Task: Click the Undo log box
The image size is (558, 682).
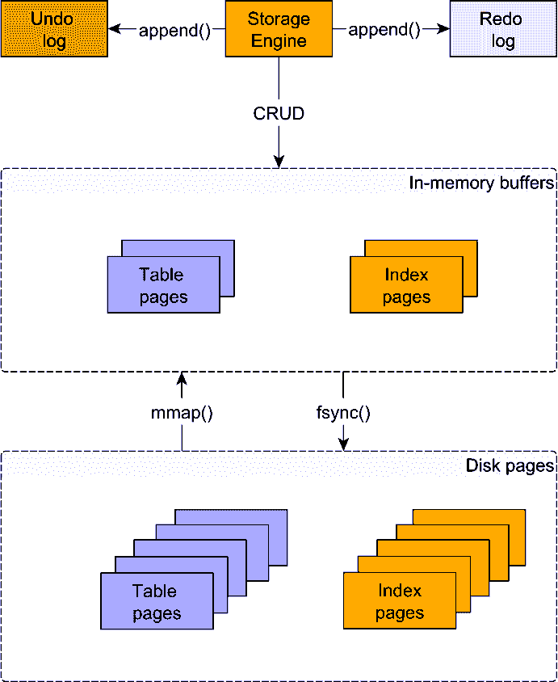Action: point(54,29)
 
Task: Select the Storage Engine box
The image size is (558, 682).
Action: point(279,29)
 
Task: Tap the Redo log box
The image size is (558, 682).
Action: point(503,29)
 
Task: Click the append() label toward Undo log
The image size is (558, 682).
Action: point(174,31)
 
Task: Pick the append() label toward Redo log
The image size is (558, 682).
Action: point(384,31)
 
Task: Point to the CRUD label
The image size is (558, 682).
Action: point(279,113)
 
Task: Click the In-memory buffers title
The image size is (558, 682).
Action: point(481,183)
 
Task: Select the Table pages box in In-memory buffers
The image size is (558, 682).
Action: point(163,285)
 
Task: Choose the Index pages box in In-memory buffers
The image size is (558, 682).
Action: point(406,285)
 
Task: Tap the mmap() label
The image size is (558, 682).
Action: point(182,413)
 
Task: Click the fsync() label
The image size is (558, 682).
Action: point(343,413)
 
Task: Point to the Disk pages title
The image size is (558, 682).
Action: point(510,465)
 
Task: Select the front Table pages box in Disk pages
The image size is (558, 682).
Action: point(157,602)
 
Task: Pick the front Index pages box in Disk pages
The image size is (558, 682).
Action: point(400,602)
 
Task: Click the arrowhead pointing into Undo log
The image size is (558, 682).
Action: point(114,29)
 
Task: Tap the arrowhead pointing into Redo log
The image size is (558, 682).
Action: point(443,29)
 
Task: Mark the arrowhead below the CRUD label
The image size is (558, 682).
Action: point(279,162)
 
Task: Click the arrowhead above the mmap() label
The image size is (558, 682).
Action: point(182,378)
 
